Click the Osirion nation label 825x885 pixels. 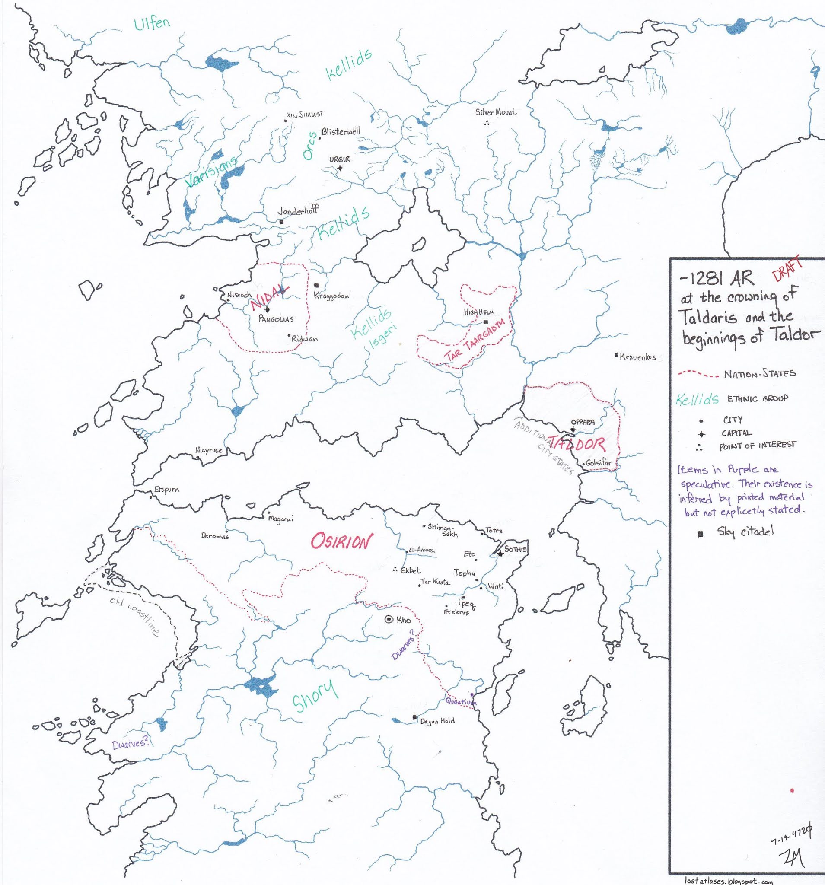(x=341, y=543)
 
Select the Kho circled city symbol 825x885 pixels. (x=389, y=619)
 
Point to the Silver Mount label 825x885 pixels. (x=496, y=112)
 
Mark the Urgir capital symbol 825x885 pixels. (x=340, y=168)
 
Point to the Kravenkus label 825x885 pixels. (x=637, y=357)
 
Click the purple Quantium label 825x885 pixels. (x=460, y=702)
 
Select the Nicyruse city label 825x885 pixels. (x=209, y=451)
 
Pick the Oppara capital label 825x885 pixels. (x=583, y=422)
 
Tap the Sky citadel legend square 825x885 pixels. (x=701, y=534)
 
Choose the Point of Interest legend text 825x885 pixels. (x=757, y=445)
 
